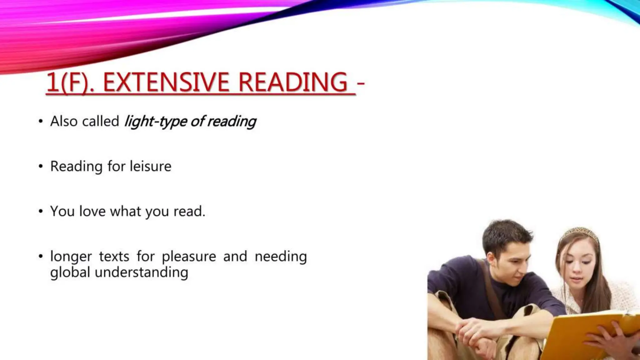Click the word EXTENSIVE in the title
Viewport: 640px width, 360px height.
(166, 82)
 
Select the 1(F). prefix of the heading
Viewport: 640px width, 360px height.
(70, 83)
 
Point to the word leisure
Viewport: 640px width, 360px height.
(151, 166)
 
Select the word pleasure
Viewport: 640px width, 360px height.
(189, 257)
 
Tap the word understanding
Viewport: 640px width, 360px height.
(141, 272)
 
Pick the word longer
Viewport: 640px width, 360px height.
(71, 257)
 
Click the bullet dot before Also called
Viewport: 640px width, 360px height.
(41, 121)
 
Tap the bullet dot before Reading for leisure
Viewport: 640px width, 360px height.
(41, 166)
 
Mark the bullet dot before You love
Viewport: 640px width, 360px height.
(41, 211)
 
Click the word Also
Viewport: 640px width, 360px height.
(64, 121)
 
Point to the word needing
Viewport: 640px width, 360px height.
(281, 257)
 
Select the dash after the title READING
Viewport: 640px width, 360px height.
(360, 83)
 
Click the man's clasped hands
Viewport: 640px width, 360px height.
(478, 331)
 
